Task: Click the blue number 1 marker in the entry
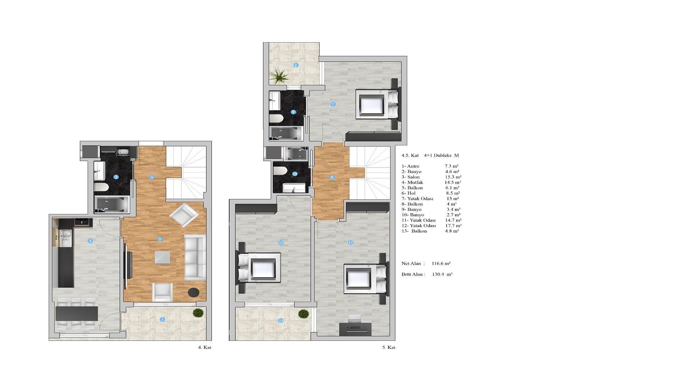coord(152,177)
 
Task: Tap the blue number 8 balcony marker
coord(296,65)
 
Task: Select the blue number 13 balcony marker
coord(281,321)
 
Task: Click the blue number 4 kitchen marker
coord(90,241)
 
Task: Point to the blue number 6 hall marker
coord(332,177)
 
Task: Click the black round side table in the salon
coord(193,293)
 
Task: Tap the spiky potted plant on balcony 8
coord(279,76)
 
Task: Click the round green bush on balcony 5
coord(198,313)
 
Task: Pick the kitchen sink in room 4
coord(66,238)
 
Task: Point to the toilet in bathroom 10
coord(280,171)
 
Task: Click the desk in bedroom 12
coord(355,329)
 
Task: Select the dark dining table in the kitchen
coord(77,313)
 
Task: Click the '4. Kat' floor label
coord(205,348)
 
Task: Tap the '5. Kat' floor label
coord(389,348)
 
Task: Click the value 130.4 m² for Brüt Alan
coord(442,274)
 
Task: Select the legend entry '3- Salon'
coord(411,177)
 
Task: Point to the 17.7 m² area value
coord(454,226)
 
